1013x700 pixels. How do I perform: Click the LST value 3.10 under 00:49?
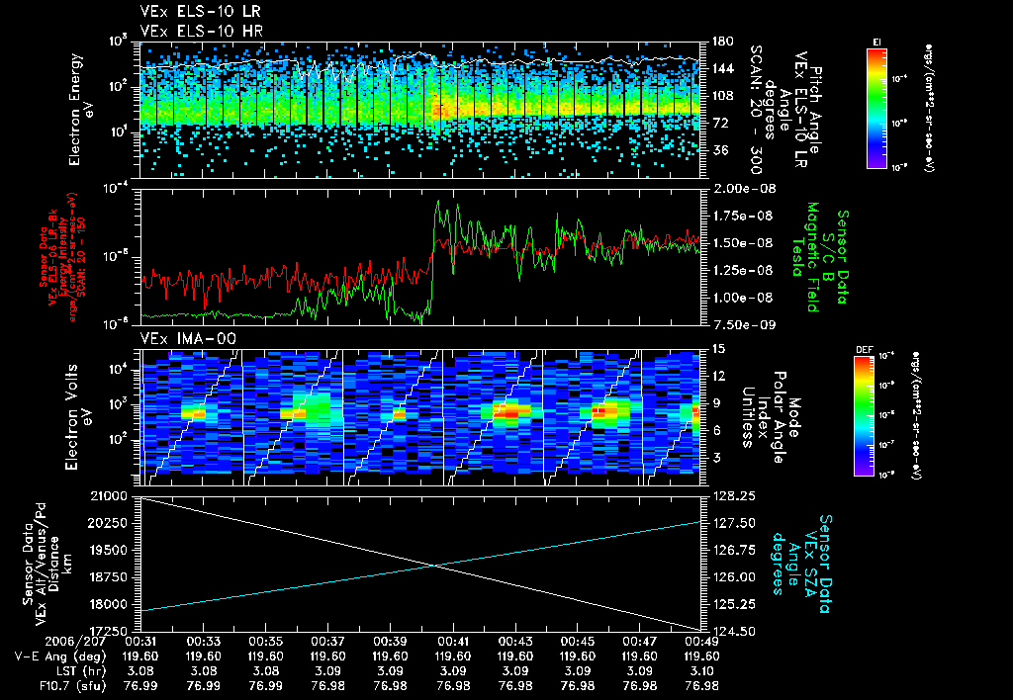coord(701,670)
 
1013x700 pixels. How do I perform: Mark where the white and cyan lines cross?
coord(436,566)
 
